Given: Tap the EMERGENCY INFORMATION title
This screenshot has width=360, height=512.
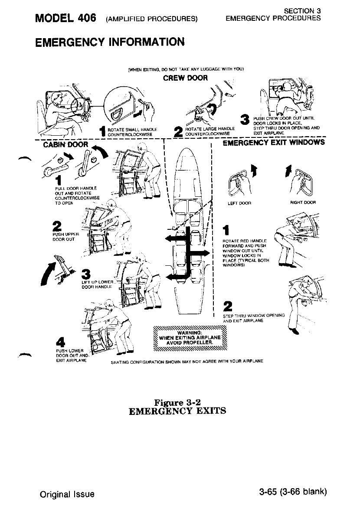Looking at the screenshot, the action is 110,42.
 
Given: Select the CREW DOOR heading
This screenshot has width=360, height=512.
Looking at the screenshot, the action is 185,78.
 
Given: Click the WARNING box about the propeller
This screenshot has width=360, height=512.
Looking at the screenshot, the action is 191,338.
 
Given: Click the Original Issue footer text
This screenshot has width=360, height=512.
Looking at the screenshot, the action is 66,493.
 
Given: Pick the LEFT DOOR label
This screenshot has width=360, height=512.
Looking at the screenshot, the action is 242,202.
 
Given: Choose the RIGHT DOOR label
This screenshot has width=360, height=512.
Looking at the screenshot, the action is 303,202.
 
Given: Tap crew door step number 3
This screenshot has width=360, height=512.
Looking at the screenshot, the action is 245,118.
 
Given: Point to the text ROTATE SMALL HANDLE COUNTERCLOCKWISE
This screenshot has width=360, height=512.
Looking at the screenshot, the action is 131,130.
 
